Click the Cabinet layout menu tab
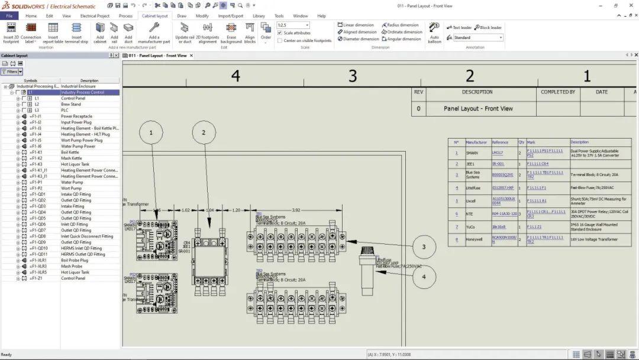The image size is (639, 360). pos(154,16)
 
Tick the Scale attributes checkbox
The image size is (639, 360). pos(280,33)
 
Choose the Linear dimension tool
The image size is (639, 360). pos(356,25)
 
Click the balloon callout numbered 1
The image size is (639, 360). pos(151,133)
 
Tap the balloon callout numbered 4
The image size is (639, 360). pos(424,277)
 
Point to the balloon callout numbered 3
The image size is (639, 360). pos(424,247)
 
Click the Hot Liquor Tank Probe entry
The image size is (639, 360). pos(75,272)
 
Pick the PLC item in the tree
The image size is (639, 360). pos(65,110)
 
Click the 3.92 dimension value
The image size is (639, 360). pos(296,210)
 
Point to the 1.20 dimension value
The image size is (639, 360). pos(236,210)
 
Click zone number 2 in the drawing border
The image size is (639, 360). pos(470,76)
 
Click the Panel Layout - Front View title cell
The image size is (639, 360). pos(478,108)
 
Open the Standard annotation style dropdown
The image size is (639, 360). pos(478,38)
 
